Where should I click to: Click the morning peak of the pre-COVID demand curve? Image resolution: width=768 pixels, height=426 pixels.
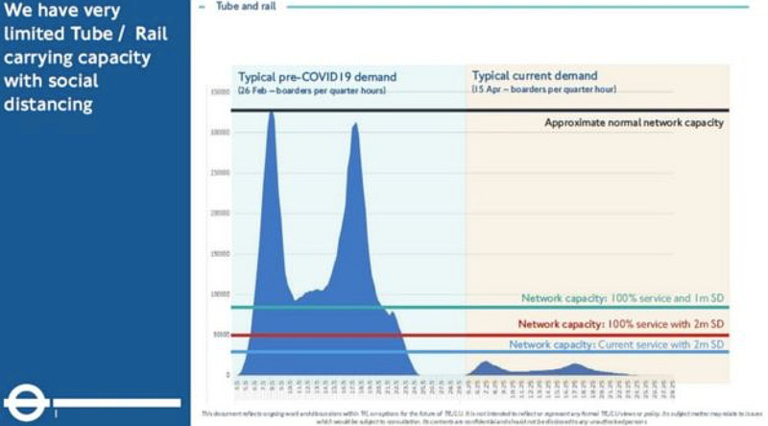pyautogui.click(x=271, y=114)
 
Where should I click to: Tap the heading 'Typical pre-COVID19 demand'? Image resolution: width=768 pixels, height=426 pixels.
pyautogui.click(x=317, y=77)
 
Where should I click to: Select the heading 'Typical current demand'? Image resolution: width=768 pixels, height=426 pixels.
pyautogui.click(x=534, y=76)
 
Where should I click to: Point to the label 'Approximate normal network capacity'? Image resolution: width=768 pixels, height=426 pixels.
pyautogui.click(x=634, y=123)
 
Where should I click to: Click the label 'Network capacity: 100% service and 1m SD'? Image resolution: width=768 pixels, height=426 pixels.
pyautogui.click(x=622, y=298)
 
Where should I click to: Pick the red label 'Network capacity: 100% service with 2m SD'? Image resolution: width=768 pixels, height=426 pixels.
pyautogui.click(x=620, y=325)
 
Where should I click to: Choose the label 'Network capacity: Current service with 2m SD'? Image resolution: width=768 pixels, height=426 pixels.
pyautogui.click(x=615, y=344)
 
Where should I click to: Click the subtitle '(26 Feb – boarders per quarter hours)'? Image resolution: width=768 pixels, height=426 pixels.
pyautogui.click(x=312, y=90)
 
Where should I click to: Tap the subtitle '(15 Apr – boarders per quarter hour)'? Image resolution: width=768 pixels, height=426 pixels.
pyautogui.click(x=542, y=89)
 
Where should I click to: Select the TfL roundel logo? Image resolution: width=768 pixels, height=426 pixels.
pyautogui.click(x=27, y=403)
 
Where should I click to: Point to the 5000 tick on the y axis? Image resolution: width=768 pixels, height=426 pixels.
pyautogui.click(x=219, y=335)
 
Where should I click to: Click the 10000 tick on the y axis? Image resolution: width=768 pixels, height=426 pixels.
pyautogui.click(x=219, y=294)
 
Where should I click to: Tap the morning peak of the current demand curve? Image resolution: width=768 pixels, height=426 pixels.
pyautogui.click(x=485, y=363)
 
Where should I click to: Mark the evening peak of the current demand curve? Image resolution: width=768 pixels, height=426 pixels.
pyautogui.click(x=576, y=364)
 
